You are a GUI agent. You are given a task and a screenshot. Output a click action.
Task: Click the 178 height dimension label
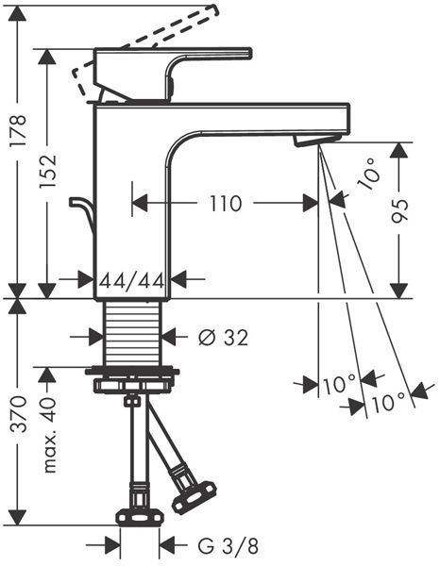tap(17, 130)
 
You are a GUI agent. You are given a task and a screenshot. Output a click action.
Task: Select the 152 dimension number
tap(48, 171)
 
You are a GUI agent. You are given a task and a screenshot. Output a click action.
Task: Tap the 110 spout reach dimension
tap(226, 204)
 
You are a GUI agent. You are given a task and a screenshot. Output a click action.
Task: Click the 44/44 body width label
tap(132, 280)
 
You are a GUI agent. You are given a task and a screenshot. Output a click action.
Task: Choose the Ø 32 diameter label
tap(223, 338)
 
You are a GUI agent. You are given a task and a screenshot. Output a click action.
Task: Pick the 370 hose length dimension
tap(17, 414)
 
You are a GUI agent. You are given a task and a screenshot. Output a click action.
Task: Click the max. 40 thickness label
tap(48, 436)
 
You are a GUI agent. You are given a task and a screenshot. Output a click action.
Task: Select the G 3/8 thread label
tap(228, 546)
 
